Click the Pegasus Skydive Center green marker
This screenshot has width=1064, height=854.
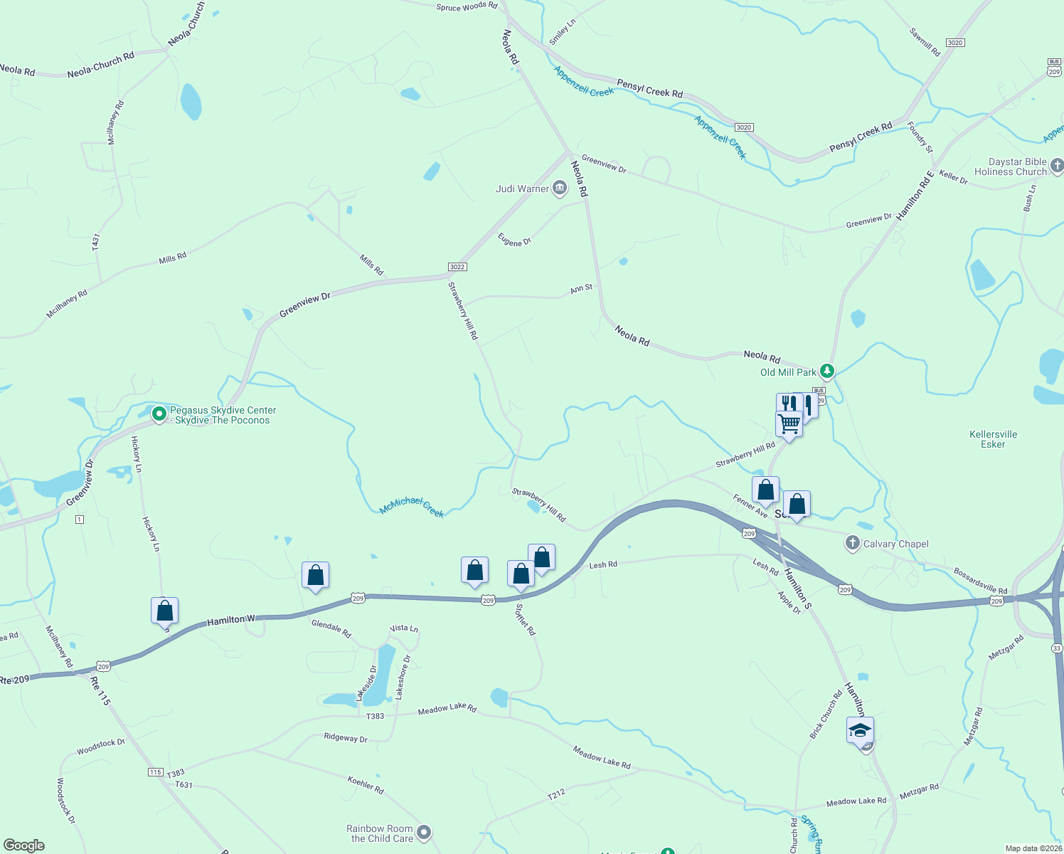159,413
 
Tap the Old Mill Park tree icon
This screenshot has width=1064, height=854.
826,371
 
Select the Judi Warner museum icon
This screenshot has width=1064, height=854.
560,189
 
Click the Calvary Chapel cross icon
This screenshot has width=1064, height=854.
852,544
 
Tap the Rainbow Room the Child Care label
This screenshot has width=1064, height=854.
380,833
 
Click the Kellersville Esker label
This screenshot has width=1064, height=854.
993,439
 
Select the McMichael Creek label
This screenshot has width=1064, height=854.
412,507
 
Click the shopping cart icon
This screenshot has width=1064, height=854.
789,423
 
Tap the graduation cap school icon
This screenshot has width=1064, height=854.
860,730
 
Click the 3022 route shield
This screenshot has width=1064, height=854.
457,267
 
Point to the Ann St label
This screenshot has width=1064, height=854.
581,289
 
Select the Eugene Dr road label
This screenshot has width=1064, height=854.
514,241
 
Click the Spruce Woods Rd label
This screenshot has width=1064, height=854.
467,7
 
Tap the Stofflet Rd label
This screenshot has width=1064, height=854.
525,619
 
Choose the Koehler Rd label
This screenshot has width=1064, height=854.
366,785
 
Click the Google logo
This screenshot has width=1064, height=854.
24,845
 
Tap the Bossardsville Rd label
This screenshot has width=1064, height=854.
981,581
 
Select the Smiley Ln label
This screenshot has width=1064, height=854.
562,32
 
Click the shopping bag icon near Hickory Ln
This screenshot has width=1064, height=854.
164,611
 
